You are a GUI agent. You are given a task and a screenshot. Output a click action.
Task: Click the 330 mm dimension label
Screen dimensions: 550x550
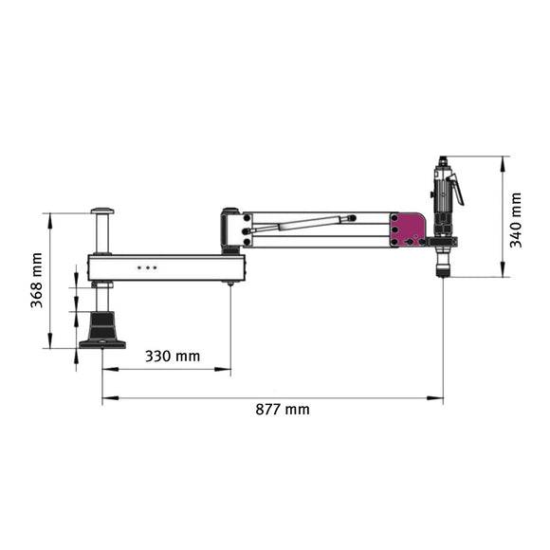click(x=173, y=357)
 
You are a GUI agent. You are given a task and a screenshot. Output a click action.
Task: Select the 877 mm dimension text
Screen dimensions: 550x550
click(x=283, y=410)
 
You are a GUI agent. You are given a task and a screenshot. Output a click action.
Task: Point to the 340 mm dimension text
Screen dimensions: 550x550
click(x=516, y=219)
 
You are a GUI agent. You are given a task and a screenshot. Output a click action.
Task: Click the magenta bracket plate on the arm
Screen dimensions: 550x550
click(x=410, y=229)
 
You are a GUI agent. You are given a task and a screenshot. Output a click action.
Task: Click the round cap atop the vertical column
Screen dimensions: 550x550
click(x=102, y=211)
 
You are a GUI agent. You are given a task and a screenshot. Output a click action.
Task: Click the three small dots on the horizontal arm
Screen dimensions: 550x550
click(x=147, y=267)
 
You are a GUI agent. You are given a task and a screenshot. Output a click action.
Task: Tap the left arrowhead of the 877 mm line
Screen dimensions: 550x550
click(x=106, y=399)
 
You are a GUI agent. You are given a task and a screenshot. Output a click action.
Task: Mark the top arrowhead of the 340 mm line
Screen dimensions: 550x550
click(x=502, y=160)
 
